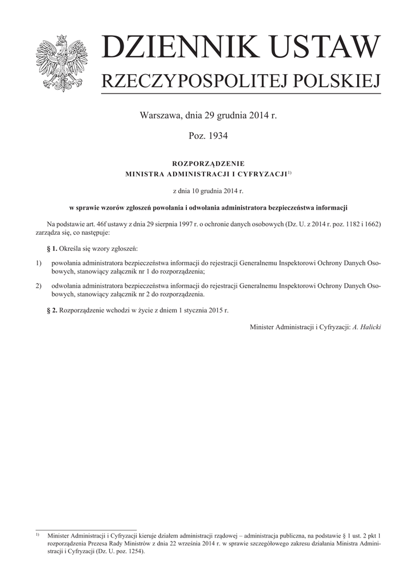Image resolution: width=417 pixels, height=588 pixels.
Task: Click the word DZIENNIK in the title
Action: pyautogui.click(x=173, y=48)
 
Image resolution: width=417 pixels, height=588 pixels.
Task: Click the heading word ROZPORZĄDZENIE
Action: pyautogui.click(x=208, y=164)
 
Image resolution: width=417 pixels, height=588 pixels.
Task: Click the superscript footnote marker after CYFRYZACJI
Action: pyautogui.click(x=290, y=172)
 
